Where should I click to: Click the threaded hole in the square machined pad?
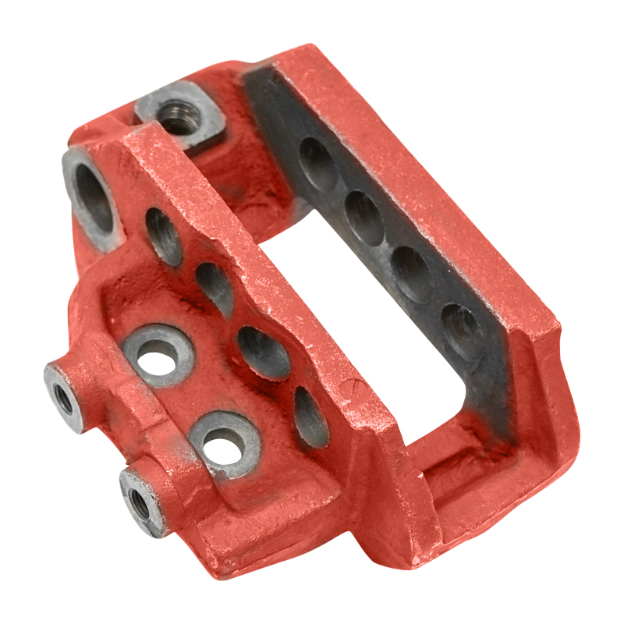177,119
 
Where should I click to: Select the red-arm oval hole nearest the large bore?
165,236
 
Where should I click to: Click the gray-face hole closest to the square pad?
318,164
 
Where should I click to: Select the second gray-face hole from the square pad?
364,217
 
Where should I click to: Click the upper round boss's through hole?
159,360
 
